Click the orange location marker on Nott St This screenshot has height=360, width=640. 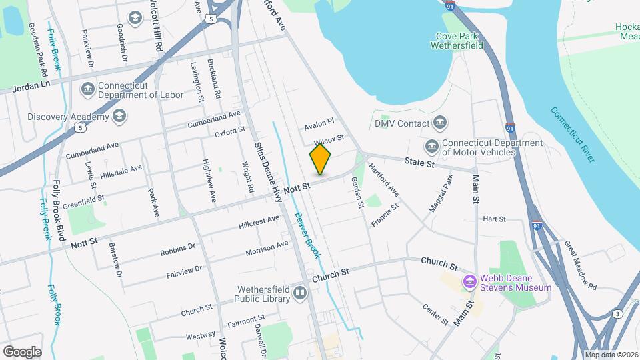click(320, 161)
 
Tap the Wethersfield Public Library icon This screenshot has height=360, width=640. click(301, 293)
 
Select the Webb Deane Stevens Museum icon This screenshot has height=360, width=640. click(471, 282)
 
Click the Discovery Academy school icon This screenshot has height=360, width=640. click(119, 117)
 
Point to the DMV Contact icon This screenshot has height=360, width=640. click(439, 122)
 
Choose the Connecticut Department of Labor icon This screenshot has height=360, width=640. click(87, 89)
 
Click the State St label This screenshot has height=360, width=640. click(420, 161)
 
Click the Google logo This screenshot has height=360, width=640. click(22, 351)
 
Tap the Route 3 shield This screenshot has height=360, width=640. click(618, 313)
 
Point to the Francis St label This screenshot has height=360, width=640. click(385, 215)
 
